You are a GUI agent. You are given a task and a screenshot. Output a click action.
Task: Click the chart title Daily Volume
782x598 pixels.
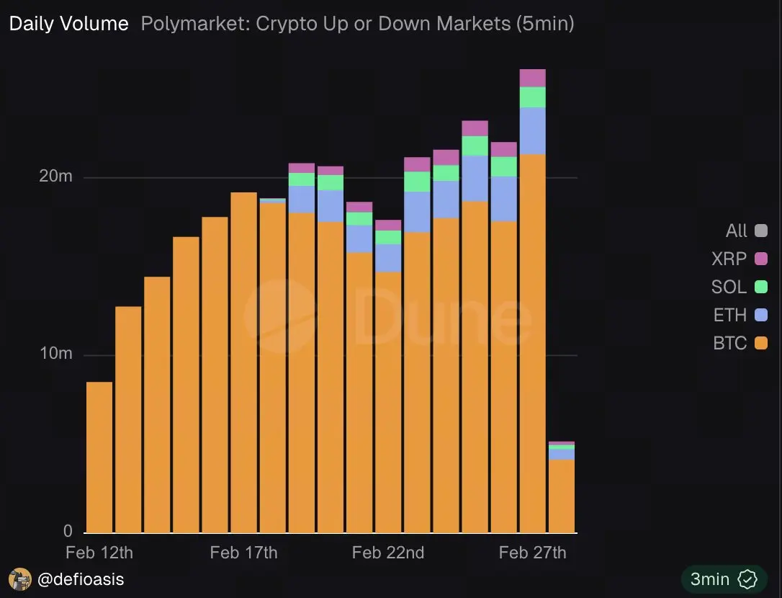point(68,24)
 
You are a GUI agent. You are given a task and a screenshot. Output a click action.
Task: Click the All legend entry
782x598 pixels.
point(746,231)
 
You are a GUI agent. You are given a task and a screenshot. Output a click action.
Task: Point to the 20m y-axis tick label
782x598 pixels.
point(55,177)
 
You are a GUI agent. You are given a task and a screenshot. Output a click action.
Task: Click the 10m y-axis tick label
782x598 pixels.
point(55,354)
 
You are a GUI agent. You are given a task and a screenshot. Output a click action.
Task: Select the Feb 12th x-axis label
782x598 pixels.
point(99,553)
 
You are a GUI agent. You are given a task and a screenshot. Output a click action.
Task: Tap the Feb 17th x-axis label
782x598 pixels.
point(243,553)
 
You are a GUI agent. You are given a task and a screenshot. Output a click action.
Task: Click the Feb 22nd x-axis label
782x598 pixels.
point(388,553)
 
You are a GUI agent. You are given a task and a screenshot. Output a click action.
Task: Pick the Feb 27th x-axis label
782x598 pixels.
point(532,553)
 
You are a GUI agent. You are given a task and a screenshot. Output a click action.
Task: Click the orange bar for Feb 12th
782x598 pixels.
point(99,458)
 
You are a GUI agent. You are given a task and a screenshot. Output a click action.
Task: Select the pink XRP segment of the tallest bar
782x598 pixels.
point(532,78)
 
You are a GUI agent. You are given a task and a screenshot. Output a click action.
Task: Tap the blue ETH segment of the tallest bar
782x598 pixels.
point(532,130)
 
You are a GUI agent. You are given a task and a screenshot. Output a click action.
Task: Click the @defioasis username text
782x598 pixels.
point(81,579)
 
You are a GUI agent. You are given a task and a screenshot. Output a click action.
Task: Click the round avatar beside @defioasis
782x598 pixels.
point(20,579)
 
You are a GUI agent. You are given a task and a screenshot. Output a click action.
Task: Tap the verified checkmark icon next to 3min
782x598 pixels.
point(748,579)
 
